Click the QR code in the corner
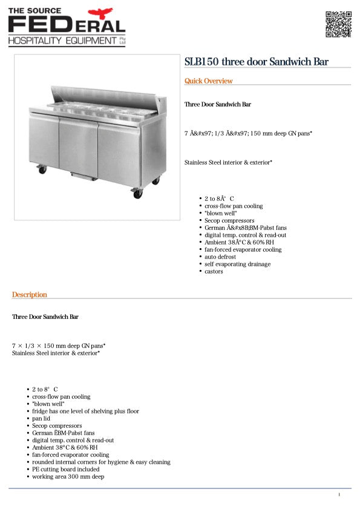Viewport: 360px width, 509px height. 338,24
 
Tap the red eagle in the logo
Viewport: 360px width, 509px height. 100,13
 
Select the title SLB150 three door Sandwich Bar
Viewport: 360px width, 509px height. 257,61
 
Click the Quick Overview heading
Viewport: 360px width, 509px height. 208,81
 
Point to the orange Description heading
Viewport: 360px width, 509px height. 29,295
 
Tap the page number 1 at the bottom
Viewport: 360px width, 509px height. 339,495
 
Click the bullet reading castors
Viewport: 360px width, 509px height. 214,272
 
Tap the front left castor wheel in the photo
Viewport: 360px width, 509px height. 42,170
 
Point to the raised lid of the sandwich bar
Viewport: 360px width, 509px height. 106,97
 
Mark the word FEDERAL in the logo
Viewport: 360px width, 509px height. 67,24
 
